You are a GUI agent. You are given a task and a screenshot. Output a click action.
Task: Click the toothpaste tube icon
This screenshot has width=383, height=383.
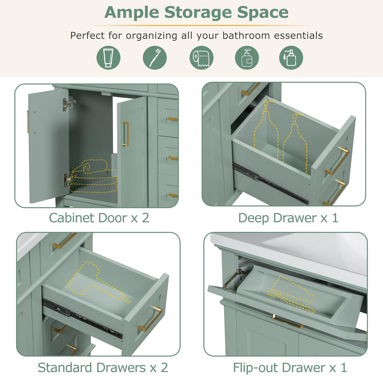(108, 58)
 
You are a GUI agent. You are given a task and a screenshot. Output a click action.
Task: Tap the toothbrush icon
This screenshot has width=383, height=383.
(155, 58)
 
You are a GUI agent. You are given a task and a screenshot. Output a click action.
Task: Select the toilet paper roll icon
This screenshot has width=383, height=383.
(201, 58)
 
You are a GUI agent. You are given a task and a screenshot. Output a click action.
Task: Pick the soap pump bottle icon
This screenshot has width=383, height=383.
(247, 58)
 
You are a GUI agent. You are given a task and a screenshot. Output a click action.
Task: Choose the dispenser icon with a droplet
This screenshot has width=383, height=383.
(291, 58)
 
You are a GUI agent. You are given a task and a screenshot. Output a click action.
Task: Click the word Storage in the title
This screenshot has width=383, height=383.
(198, 13)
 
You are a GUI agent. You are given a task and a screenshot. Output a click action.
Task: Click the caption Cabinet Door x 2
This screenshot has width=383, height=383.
(99, 218)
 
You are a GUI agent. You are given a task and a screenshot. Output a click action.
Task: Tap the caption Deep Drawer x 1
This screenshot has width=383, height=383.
(288, 218)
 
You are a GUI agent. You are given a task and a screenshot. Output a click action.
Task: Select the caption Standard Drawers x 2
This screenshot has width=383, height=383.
(103, 368)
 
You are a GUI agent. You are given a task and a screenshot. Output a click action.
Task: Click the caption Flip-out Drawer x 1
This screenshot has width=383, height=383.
(290, 368)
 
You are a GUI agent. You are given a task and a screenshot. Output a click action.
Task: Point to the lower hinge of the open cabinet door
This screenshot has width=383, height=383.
(67, 180)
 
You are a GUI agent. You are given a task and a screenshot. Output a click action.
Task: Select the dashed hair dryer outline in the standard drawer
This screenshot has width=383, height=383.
(95, 281)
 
